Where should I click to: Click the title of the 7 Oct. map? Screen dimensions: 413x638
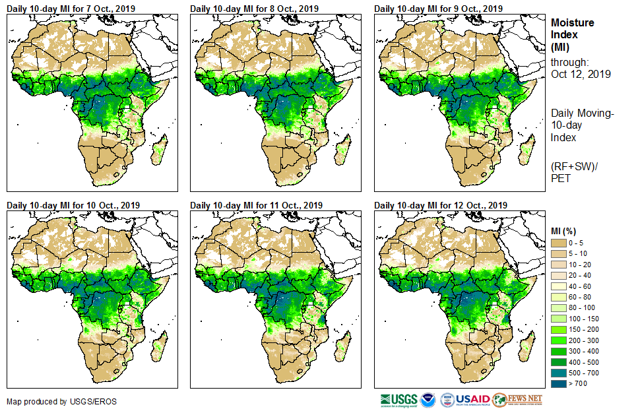point(73,8)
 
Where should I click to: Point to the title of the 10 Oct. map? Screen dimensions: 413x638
point(75,205)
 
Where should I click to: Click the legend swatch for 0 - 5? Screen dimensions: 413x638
point(560,243)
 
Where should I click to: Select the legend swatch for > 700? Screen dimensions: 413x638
point(560,383)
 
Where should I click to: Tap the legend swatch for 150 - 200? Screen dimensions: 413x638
point(560,329)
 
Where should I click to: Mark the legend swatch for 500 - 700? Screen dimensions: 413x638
point(560,373)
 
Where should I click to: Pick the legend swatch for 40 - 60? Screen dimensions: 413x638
point(560,286)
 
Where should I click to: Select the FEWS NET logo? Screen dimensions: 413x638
point(517,400)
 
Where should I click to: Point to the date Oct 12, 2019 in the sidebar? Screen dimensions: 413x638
point(581,74)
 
